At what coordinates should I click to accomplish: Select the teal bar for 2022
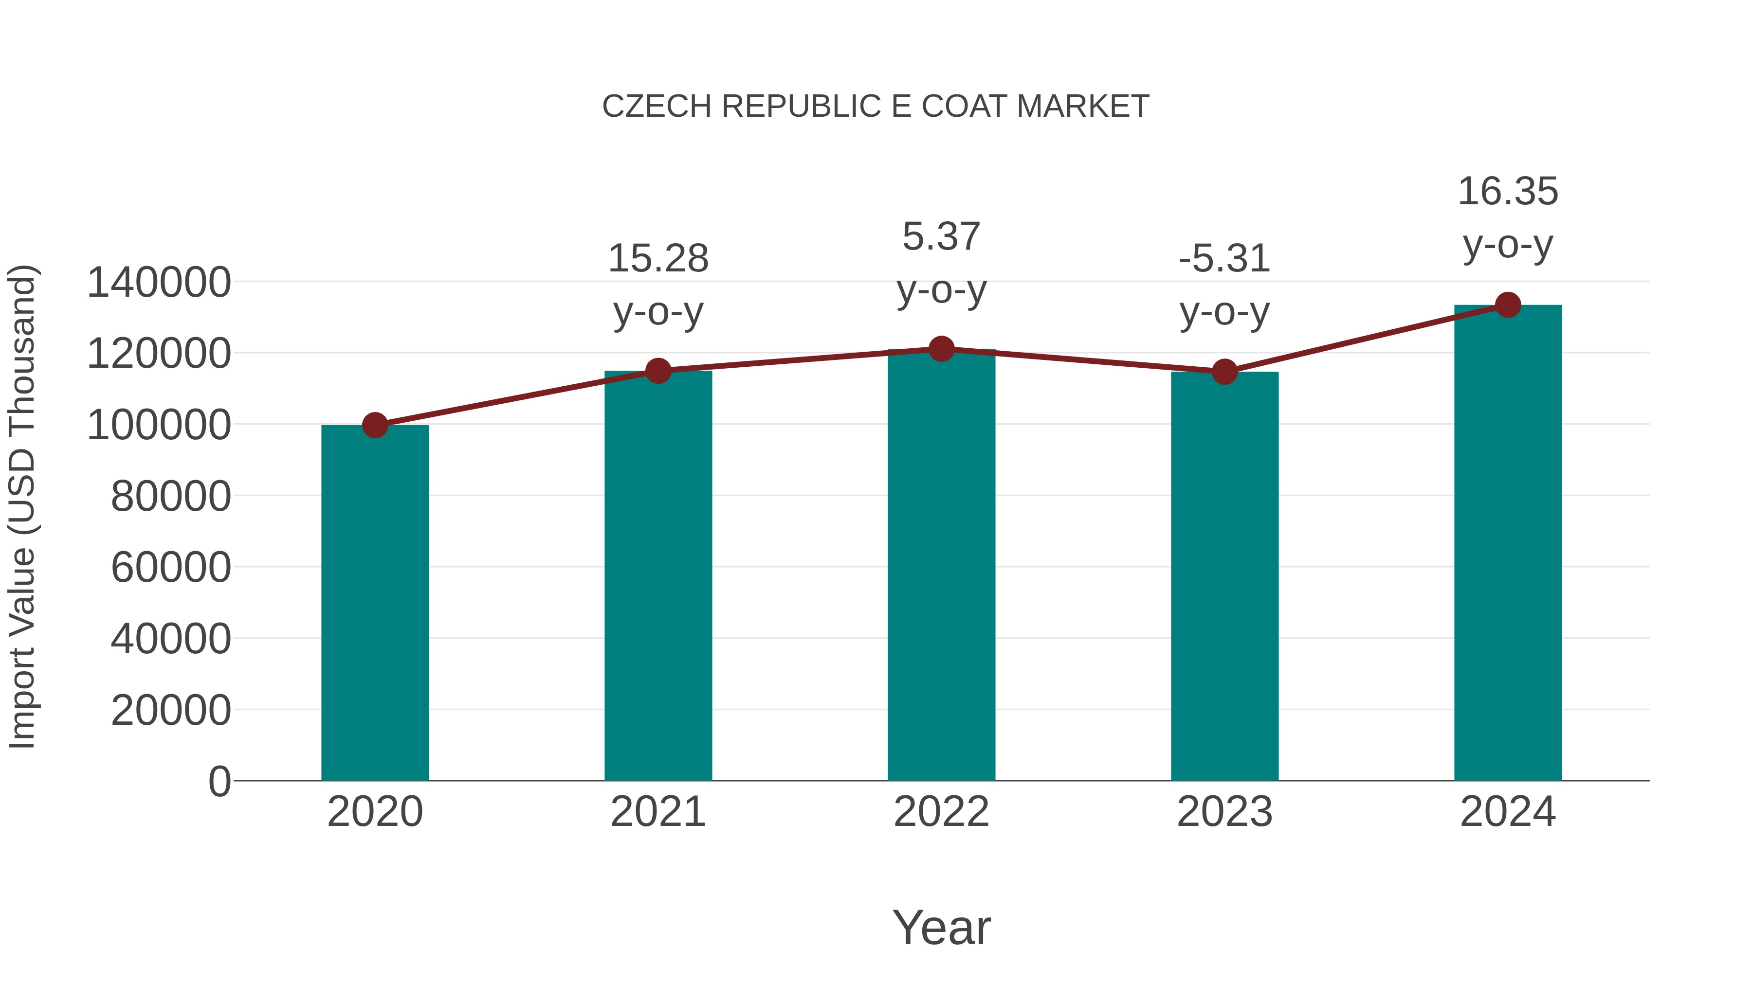[x=941, y=564]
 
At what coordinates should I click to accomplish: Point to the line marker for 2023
[x=1224, y=372]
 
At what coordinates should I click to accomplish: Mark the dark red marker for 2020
[x=375, y=426]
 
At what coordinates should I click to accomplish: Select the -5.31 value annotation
[x=1224, y=259]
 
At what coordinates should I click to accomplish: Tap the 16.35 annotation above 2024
[x=1508, y=192]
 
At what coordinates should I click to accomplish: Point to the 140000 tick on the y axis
[x=159, y=283]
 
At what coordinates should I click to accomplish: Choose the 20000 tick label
[x=171, y=710]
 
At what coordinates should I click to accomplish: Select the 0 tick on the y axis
[x=219, y=781]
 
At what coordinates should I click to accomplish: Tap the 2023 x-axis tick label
[x=1224, y=812]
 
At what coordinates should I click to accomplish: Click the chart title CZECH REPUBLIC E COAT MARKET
[x=876, y=107]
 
